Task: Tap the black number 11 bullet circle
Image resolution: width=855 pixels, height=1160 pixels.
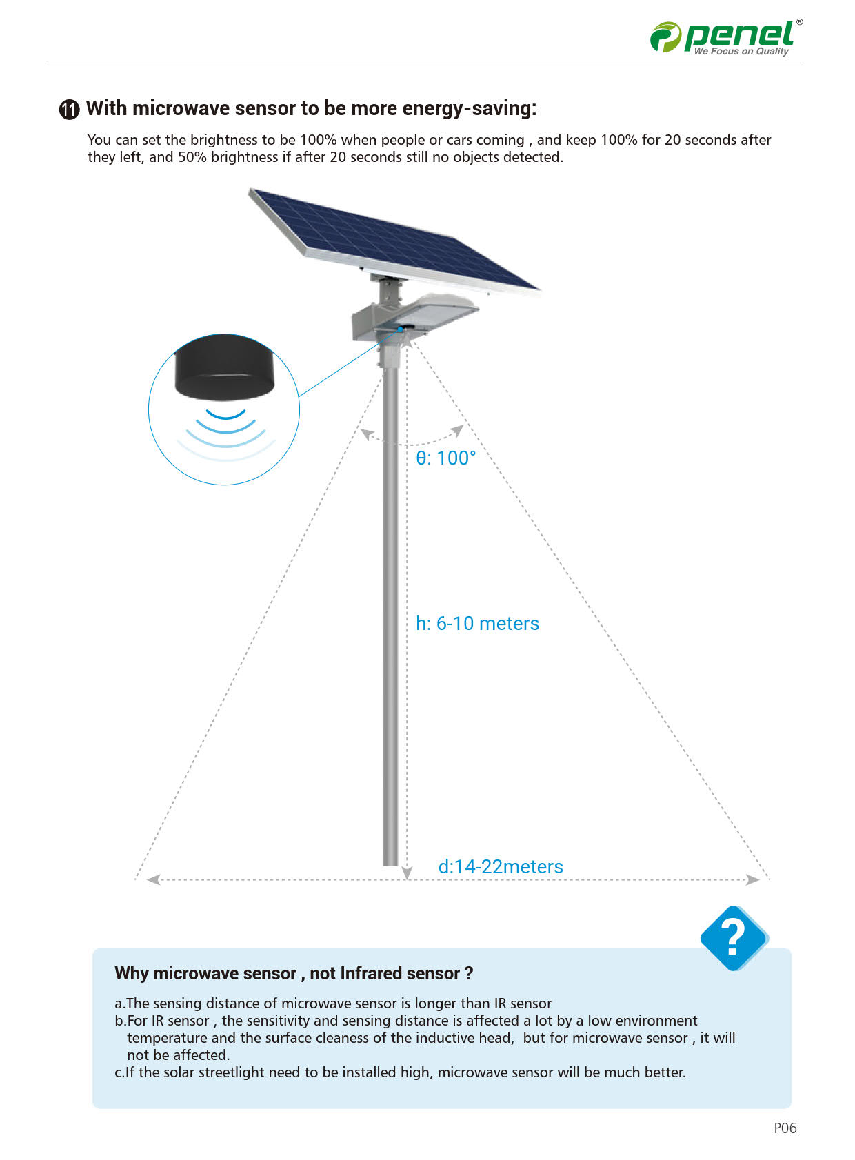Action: click(69, 110)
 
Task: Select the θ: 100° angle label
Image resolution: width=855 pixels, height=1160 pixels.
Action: click(445, 458)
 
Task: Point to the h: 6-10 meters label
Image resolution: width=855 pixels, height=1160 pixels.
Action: click(477, 624)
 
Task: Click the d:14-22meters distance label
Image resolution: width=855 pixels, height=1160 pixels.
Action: click(501, 867)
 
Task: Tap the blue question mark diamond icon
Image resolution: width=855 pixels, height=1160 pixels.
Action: click(733, 937)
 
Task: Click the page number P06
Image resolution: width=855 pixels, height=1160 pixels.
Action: click(785, 1128)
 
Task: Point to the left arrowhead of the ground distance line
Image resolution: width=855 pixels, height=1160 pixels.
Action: click(153, 879)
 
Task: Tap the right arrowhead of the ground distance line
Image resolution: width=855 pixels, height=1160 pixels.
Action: click(753, 879)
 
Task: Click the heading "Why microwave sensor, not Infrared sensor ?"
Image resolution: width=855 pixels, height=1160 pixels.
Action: click(294, 973)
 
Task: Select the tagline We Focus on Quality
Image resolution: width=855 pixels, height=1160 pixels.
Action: click(741, 52)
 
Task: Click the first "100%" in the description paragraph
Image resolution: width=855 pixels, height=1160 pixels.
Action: click(318, 140)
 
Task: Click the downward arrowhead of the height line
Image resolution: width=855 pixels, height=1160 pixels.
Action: click(407, 873)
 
